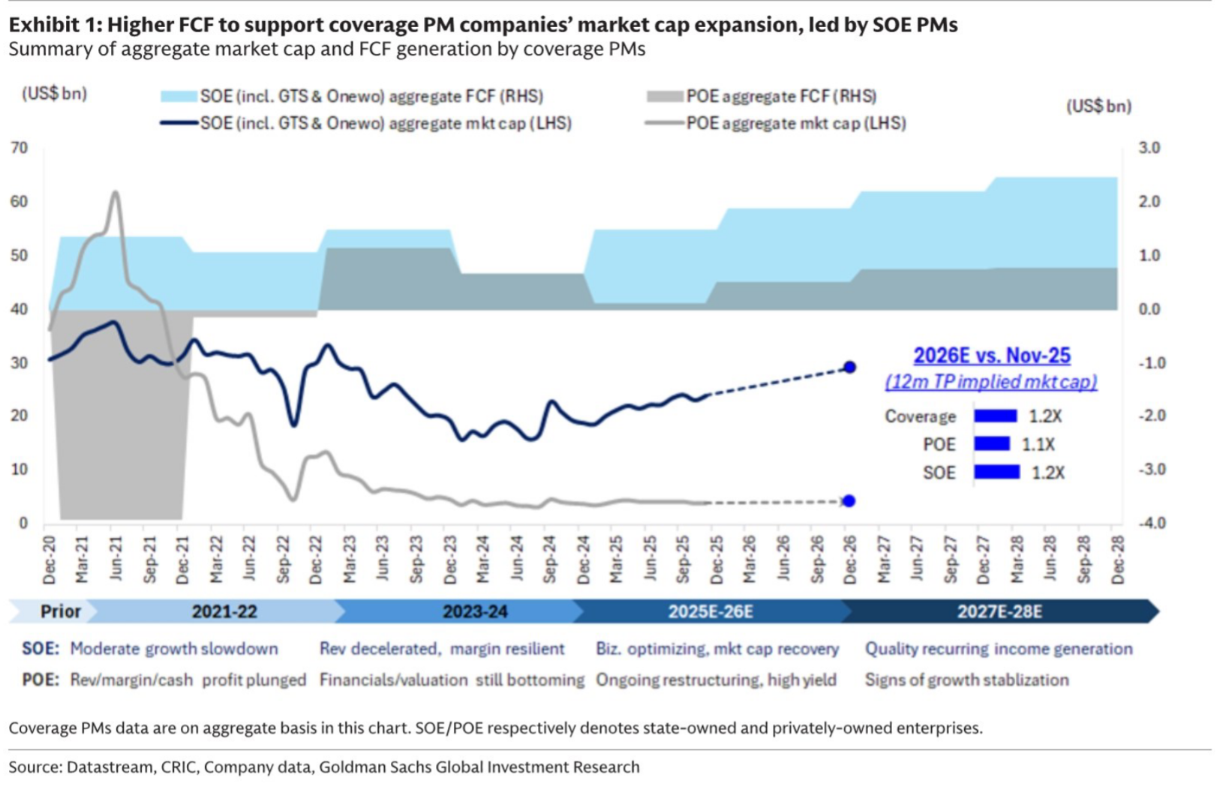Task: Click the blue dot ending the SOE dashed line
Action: pos(849,367)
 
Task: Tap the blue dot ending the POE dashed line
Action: pos(849,500)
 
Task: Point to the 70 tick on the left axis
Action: pos(20,148)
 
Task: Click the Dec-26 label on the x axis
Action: pos(849,560)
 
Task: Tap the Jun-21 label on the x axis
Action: pos(115,560)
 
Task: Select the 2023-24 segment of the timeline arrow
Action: pos(474,611)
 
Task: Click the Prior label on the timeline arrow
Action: pos(60,611)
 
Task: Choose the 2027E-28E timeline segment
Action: pos(999,611)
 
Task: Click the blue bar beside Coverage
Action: pos(995,416)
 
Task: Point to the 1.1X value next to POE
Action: pos(1038,444)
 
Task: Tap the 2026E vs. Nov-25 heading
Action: pos(991,356)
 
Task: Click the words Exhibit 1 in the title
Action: pos(54,25)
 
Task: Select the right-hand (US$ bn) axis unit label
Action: pos(1098,107)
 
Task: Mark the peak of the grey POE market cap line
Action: pos(115,193)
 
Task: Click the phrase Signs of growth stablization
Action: pos(966,680)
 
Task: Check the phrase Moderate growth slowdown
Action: pos(173,649)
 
